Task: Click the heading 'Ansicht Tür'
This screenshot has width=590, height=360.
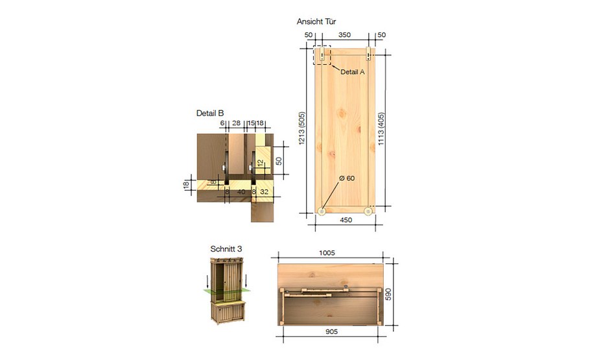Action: coord(316,21)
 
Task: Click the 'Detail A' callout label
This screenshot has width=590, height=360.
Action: coord(353,72)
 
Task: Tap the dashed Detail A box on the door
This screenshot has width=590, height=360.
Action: coord(322,54)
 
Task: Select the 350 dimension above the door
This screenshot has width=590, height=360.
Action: coord(345,34)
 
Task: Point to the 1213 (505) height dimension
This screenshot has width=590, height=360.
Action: coord(301,130)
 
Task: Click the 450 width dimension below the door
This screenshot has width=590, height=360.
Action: coord(346,221)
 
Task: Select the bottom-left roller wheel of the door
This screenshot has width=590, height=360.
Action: coord(323,210)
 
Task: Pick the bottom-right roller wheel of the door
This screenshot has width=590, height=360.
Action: coord(369,210)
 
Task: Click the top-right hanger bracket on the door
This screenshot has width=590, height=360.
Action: coord(369,52)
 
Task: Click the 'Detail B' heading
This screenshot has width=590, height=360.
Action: coord(210,113)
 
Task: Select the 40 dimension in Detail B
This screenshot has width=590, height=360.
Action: coord(241,192)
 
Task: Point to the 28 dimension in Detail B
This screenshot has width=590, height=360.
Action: coord(236,123)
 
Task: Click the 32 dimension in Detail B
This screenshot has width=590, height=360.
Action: coord(264,192)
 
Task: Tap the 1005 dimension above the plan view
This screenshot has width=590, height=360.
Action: coord(327,254)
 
